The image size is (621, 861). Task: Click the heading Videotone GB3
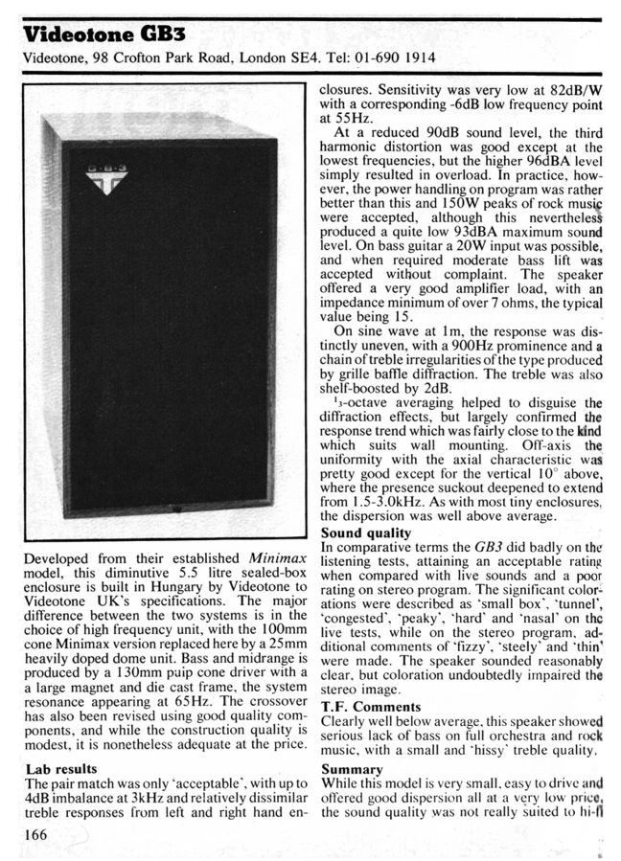click(x=90, y=35)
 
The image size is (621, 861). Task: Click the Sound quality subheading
click(x=365, y=532)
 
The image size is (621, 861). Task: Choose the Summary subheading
click(x=352, y=769)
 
